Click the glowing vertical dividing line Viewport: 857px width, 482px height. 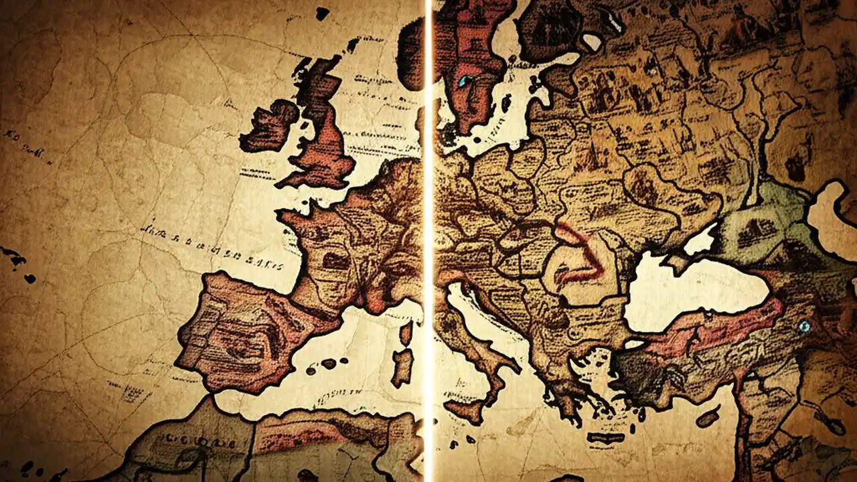click(426, 241)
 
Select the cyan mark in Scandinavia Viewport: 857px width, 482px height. click(463, 82)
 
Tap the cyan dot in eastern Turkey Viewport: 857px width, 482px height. click(804, 326)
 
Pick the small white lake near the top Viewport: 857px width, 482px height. click(593, 42)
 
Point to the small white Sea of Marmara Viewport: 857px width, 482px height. click(633, 344)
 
